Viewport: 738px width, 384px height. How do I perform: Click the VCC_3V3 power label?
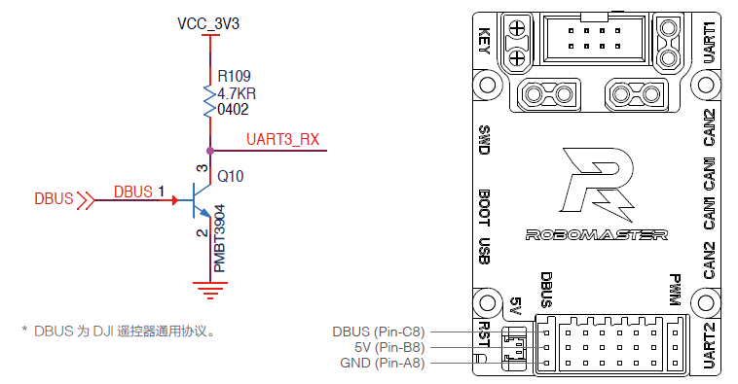[x=208, y=23]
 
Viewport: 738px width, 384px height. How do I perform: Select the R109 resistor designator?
[x=234, y=76]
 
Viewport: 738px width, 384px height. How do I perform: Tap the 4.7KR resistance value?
[x=237, y=93]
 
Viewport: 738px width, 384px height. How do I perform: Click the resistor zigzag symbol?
[x=209, y=101]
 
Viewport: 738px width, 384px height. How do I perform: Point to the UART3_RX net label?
[x=283, y=139]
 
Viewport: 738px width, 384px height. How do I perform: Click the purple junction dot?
[x=210, y=151]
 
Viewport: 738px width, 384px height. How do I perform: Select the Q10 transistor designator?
[x=230, y=176]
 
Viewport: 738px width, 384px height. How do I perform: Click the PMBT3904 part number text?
[x=219, y=238]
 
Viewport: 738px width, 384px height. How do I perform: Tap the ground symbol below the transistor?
[x=210, y=290]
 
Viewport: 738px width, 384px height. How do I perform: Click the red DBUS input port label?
[x=54, y=199]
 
